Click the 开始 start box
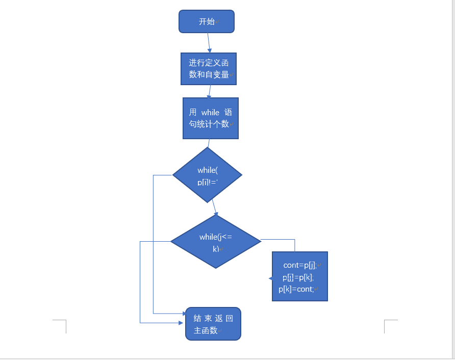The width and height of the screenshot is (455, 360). coord(207,21)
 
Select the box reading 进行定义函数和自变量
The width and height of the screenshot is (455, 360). coord(209,69)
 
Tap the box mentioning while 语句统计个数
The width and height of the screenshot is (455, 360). coord(211,118)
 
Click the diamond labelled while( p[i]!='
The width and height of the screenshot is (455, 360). coord(207,175)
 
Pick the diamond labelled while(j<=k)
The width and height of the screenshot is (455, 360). coord(216,241)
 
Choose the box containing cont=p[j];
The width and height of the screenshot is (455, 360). coord(300,276)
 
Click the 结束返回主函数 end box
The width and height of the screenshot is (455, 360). coord(213,324)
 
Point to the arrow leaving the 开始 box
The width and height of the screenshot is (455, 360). coord(209,43)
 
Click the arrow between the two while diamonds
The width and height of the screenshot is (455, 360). coord(215,208)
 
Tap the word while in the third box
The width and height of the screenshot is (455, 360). coord(210,112)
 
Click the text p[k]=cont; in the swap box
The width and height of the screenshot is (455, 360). coord(296,289)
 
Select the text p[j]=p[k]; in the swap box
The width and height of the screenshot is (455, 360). coord(298,277)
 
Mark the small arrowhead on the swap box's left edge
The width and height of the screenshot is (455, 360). coord(270,278)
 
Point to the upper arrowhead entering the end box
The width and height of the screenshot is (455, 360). coord(184,314)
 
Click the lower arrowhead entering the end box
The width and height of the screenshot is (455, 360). coord(181,323)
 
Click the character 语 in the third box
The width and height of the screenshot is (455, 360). coord(228,112)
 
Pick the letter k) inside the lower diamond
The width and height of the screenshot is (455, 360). coord(216,249)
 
